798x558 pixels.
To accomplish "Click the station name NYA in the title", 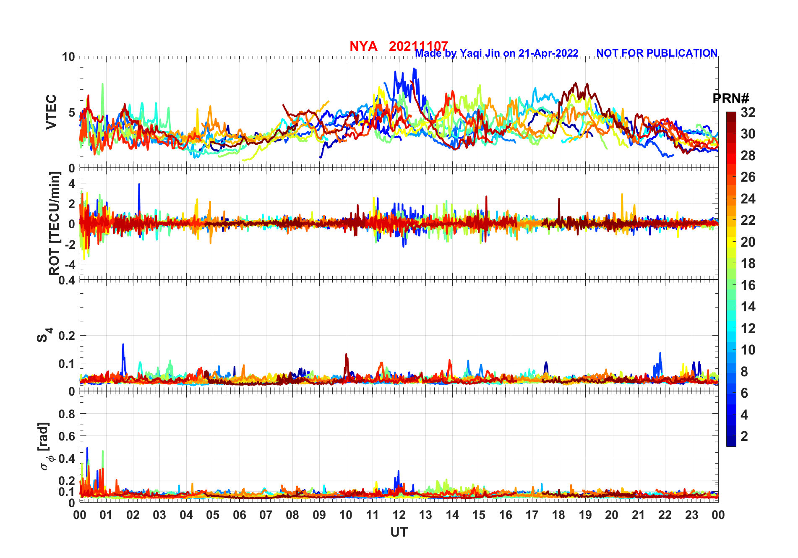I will point(363,46).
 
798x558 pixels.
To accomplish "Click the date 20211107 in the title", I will point(418,46).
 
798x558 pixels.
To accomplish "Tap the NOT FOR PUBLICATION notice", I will point(657,53).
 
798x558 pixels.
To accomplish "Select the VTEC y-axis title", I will point(51,112).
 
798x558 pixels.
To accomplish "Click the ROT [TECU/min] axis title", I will point(55,223).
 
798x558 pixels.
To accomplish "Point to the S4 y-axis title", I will point(44,335).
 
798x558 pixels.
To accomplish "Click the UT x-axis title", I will point(399,532).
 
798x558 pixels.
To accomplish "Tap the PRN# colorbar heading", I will point(730,99).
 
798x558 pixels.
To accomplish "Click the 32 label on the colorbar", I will point(748,112).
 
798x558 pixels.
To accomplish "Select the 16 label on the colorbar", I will point(748,285).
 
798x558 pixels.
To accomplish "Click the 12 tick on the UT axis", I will point(399,515).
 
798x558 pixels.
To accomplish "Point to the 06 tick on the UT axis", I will point(240,515).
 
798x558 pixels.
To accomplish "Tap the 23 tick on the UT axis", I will point(691,515).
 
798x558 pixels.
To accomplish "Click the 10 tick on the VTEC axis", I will point(69,57).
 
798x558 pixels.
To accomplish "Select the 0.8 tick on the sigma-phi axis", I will point(67,414).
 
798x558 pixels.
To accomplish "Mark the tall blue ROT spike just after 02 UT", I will point(139,185).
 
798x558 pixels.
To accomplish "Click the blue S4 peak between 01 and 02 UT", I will point(123,345).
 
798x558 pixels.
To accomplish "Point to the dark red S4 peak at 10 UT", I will point(346,355).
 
